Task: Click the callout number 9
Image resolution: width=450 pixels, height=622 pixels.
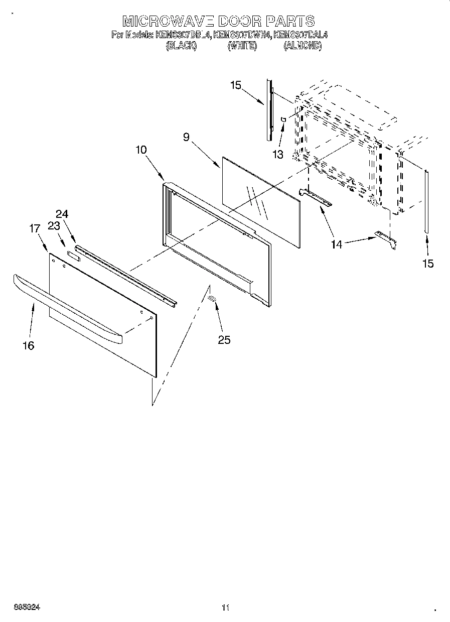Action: click(186, 137)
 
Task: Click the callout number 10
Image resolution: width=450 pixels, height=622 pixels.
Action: click(141, 150)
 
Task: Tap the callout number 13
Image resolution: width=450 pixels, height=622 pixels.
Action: click(278, 154)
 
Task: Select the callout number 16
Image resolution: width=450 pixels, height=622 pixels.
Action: click(29, 345)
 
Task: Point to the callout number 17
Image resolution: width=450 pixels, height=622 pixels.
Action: click(35, 228)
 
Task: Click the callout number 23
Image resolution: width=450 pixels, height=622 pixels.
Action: click(53, 226)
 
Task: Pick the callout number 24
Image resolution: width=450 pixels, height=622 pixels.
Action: click(62, 213)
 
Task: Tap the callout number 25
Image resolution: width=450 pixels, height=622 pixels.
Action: click(224, 340)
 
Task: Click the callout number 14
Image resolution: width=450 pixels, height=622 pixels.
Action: click(337, 244)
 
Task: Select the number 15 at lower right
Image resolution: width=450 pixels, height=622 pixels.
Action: click(427, 264)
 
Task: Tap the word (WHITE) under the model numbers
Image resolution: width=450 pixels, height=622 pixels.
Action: click(242, 46)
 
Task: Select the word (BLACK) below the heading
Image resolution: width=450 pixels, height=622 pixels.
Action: click(181, 46)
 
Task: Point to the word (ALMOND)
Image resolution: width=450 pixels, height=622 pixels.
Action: click(303, 46)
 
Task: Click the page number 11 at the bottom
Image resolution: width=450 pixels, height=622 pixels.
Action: click(225, 608)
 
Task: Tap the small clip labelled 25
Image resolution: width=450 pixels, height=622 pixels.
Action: click(212, 299)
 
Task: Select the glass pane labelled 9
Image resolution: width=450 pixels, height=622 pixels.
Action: click(261, 201)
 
